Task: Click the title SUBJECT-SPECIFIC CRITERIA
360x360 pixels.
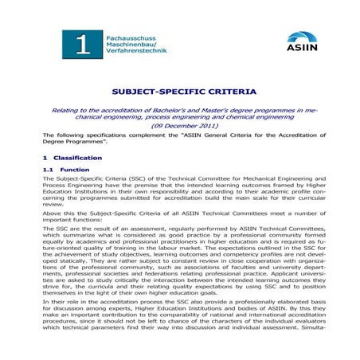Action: pos(180,92)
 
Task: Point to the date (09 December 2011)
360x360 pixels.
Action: pos(180,126)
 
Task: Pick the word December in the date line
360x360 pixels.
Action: pos(174,126)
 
